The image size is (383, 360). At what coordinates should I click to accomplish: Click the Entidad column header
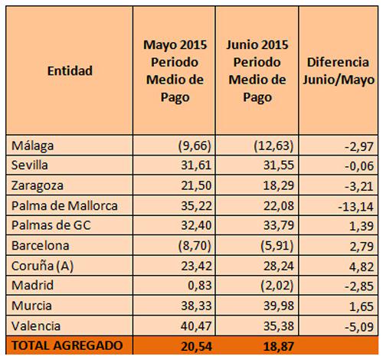pyautogui.click(x=70, y=70)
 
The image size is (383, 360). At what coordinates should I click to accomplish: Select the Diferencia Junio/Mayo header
pyautogui.click(x=339, y=71)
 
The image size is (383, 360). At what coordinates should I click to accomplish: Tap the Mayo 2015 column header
pyautogui.click(x=175, y=71)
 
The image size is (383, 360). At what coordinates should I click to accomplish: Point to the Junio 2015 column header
pyautogui.click(x=257, y=71)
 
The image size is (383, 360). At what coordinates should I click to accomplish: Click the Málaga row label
pyautogui.click(x=33, y=146)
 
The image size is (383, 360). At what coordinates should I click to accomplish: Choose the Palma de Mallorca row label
pyautogui.click(x=64, y=206)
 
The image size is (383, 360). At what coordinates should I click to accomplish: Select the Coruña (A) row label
pyautogui.click(x=42, y=266)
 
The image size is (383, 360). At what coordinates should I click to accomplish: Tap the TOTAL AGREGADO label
pyautogui.click(x=67, y=345)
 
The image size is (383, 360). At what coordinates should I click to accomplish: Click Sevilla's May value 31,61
pyautogui.click(x=196, y=165)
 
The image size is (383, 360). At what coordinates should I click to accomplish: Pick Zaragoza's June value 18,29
pyautogui.click(x=279, y=185)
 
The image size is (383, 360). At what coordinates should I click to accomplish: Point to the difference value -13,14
pyautogui.click(x=355, y=207)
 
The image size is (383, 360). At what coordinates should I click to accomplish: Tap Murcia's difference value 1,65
pyautogui.click(x=362, y=306)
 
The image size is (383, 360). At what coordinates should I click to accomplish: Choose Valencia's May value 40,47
pyautogui.click(x=196, y=326)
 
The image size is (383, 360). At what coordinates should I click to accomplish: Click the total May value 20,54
pyautogui.click(x=196, y=346)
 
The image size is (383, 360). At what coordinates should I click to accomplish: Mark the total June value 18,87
pyautogui.click(x=279, y=346)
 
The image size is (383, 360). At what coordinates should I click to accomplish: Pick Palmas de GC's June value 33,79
pyautogui.click(x=279, y=225)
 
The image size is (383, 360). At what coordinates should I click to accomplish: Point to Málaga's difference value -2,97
pyautogui.click(x=359, y=146)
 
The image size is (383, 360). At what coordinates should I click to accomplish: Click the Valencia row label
pyautogui.click(x=36, y=326)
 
